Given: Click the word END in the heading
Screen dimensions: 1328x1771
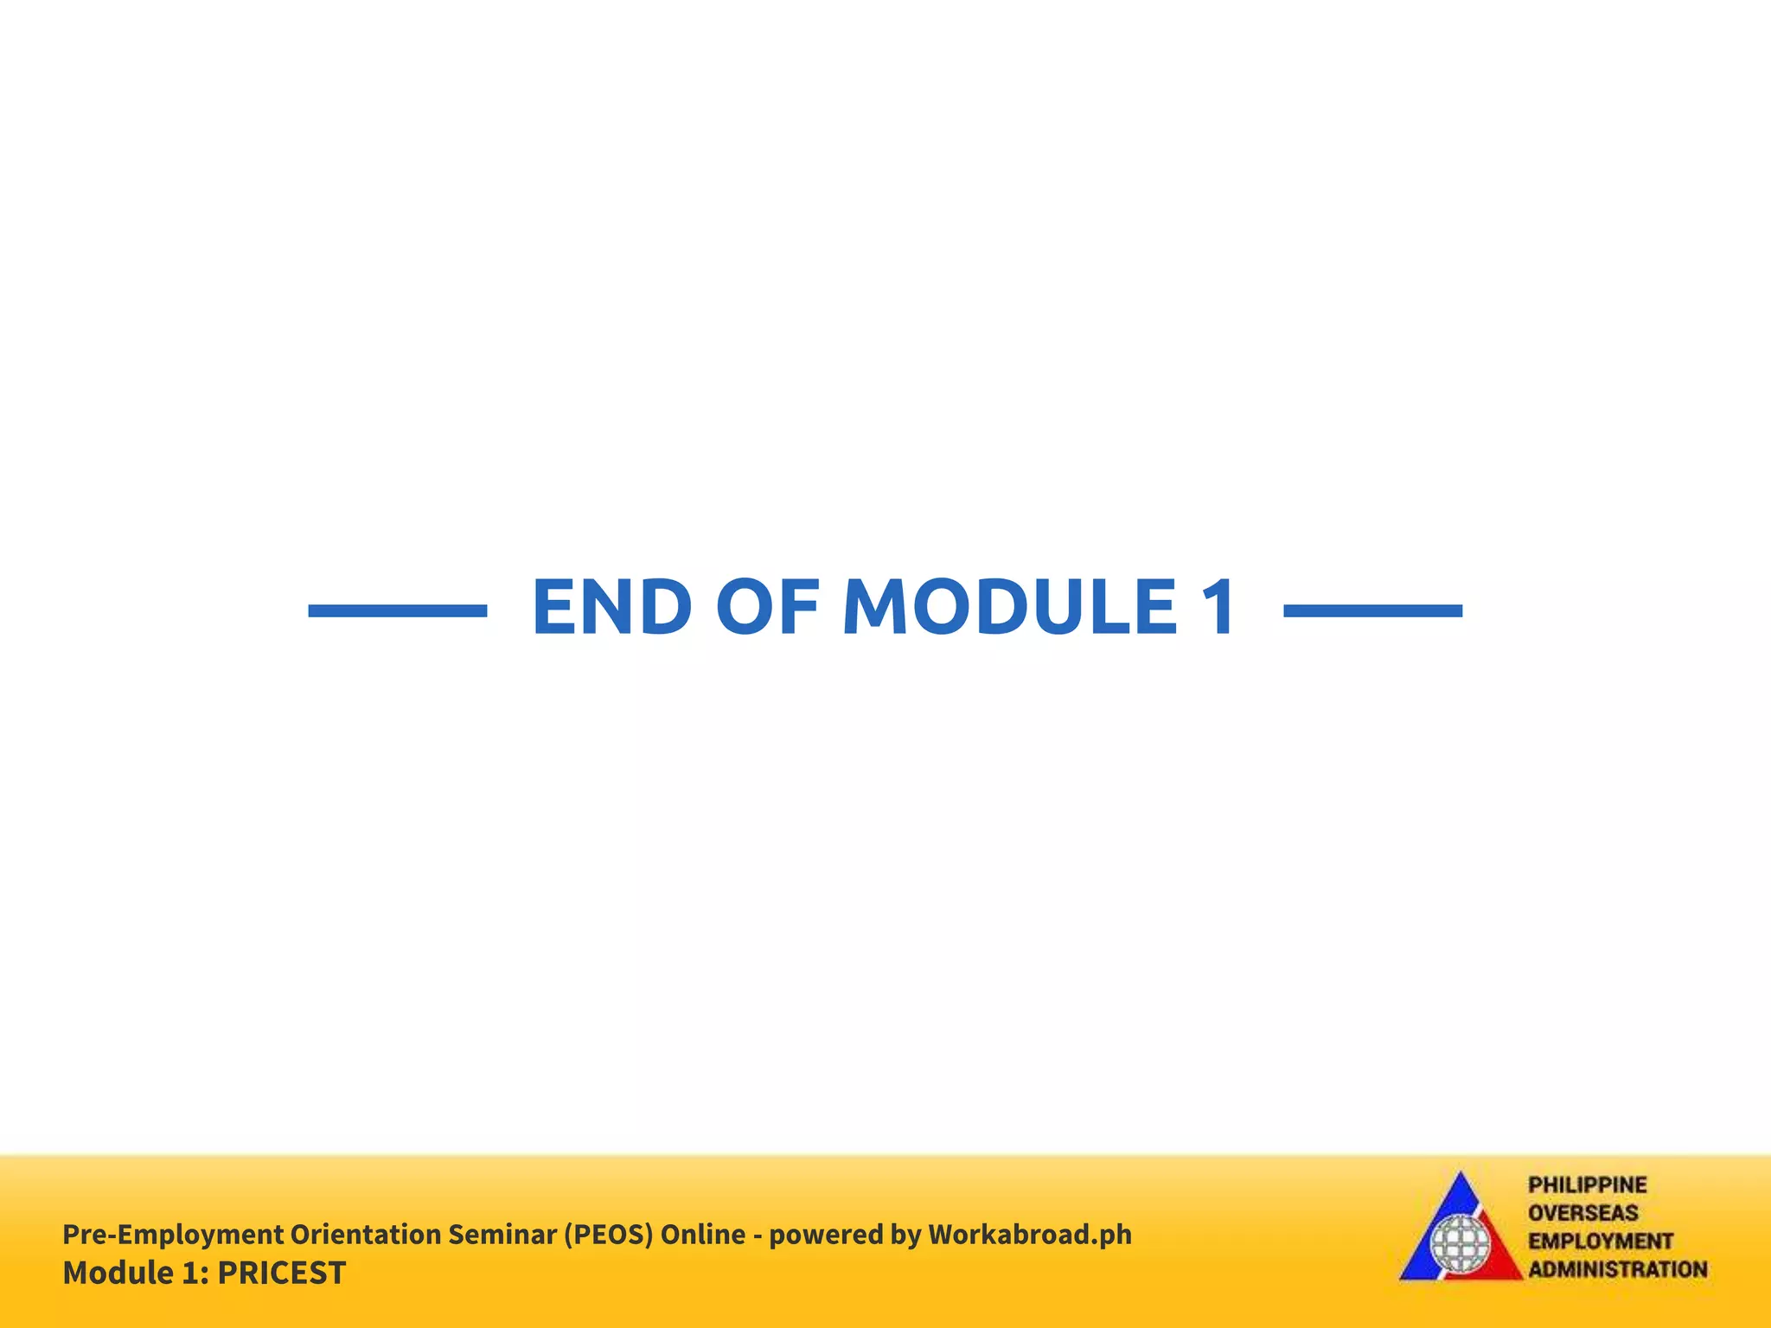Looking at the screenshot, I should click(x=611, y=607).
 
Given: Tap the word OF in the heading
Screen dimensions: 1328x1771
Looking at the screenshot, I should click(x=767, y=607).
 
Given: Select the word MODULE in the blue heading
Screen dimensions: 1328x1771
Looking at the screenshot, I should click(x=1009, y=607).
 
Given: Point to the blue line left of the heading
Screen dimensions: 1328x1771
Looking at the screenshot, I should click(x=398, y=610).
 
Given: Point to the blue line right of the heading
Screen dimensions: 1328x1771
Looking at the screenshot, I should click(x=1373, y=610).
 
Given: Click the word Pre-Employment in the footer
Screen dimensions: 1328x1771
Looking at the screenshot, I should click(x=173, y=1234).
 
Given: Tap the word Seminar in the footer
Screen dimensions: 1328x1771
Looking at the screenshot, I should click(x=502, y=1234).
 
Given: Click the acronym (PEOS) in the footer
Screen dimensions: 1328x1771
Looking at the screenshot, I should click(x=608, y=1234).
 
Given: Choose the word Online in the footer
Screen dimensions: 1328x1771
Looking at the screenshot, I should click(x=702, y=1234).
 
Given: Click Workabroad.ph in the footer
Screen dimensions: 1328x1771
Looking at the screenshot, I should click(x=1029, y=1234).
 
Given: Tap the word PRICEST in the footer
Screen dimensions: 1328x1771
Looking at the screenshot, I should click(x=282, y=1273).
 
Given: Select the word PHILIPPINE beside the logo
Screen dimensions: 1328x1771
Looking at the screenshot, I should click(x=1587, y=1184).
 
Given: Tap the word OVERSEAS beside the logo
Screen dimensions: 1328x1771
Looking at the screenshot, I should click(x=1582, y=1213).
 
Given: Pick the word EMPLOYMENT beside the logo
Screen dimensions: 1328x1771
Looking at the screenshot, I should click(x=1600, y=1241).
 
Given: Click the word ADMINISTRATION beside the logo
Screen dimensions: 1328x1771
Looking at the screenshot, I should click(x=1617, y=1269).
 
